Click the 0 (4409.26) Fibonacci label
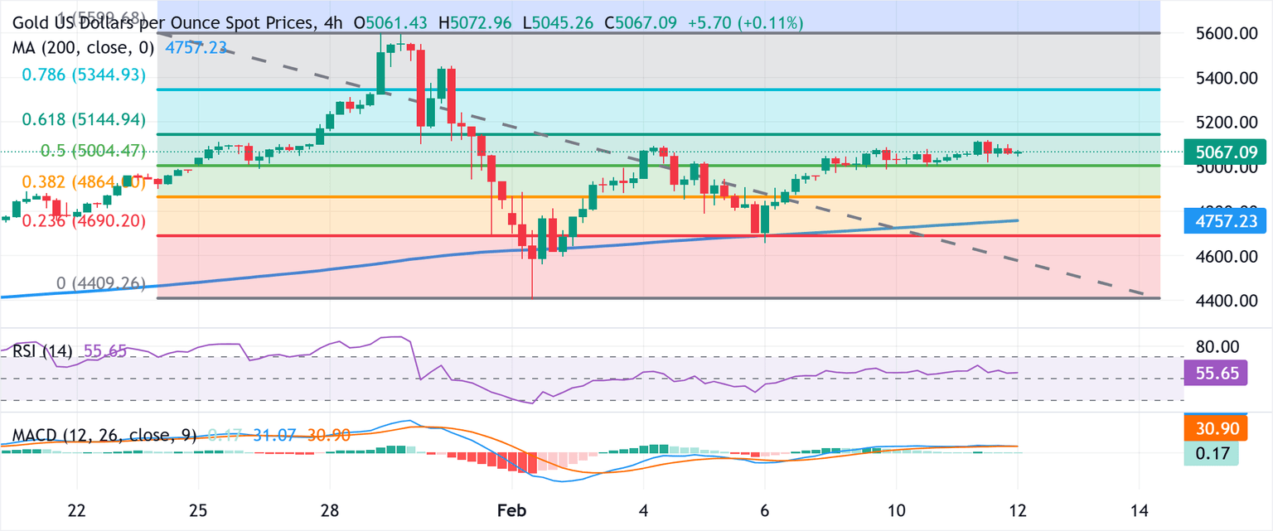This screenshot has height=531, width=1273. pos(100,284)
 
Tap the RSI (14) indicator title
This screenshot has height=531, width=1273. pos(42,351)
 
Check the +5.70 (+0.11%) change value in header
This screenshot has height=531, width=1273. pos(746,24)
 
